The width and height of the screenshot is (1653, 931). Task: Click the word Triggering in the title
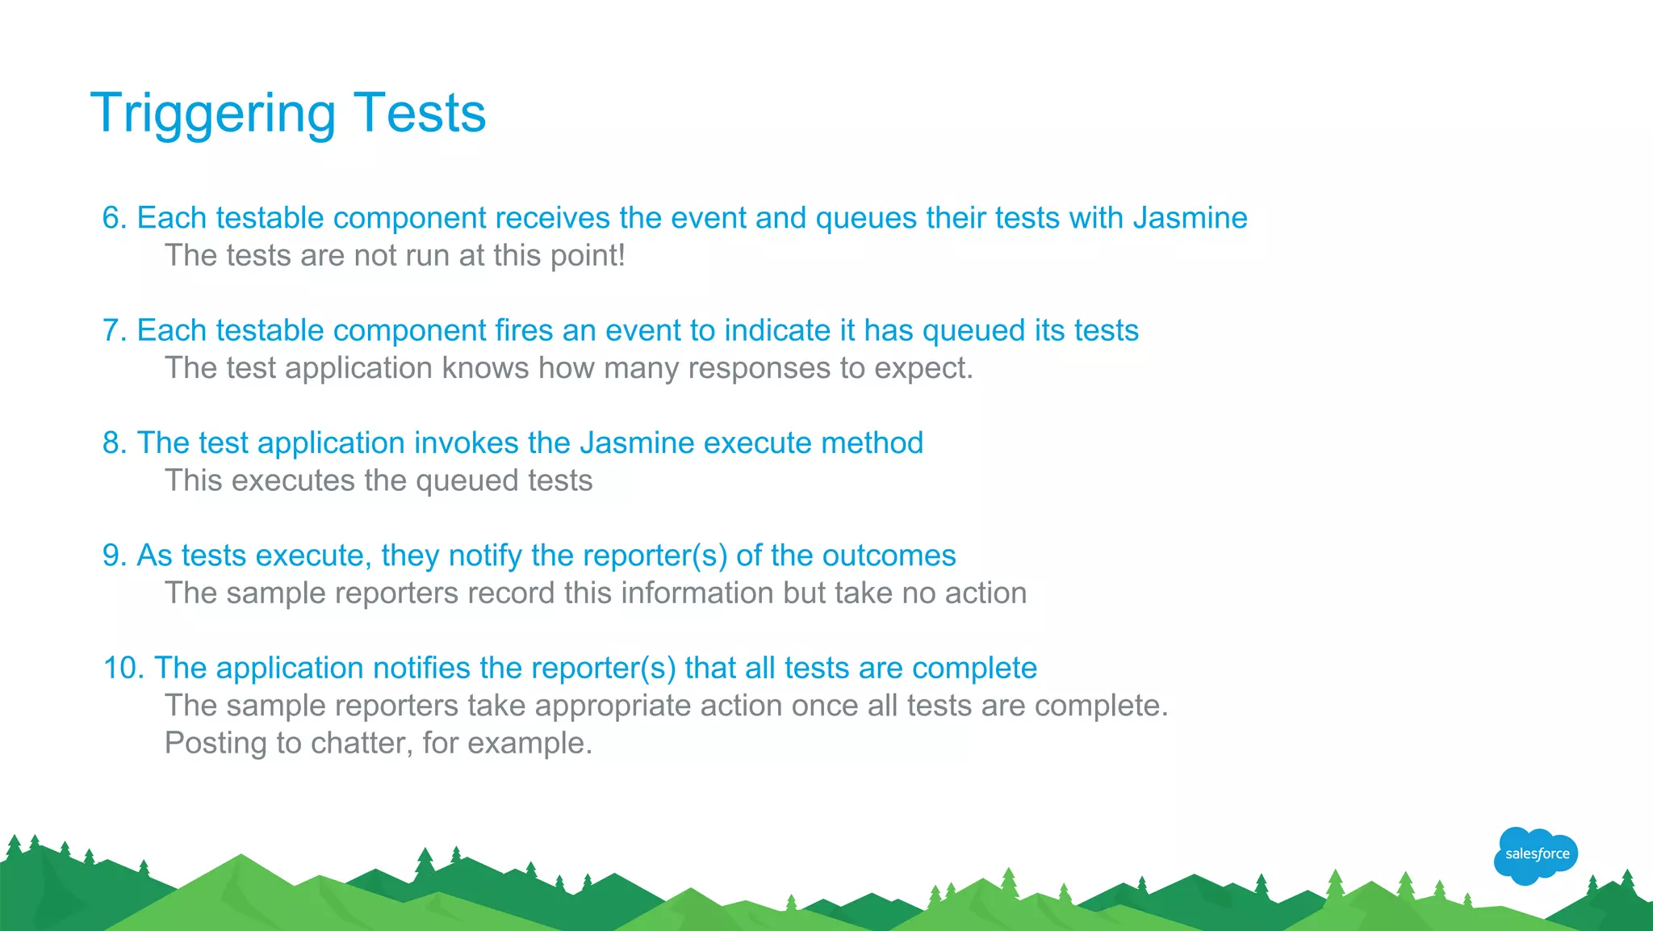212,114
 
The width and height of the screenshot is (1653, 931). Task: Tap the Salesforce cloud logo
1536,854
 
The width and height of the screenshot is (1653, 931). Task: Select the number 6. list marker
115,218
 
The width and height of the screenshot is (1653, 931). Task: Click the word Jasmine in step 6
1190,218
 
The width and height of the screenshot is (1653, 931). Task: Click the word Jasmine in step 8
640,443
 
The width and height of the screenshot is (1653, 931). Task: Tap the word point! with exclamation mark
588,256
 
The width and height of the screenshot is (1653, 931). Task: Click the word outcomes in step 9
889,556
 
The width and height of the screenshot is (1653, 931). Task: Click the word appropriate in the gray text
613,706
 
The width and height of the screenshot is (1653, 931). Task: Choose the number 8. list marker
115,443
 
